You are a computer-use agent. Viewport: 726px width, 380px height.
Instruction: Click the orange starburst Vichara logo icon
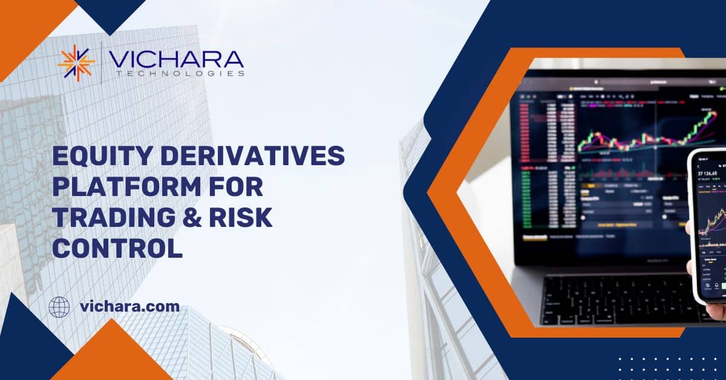tap(76, 62)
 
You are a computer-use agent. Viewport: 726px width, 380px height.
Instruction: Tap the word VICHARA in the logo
tap(175, 59)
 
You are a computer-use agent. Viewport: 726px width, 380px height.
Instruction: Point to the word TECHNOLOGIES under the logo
tap(176, 74)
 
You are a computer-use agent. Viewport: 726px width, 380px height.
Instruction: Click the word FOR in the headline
tap(237, 188)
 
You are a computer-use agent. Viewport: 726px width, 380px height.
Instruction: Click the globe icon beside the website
tap(59, 307)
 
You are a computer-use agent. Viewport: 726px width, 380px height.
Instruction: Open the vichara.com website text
tap(129, 307)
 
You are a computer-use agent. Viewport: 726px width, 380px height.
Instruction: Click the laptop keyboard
tap(611, 300)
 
